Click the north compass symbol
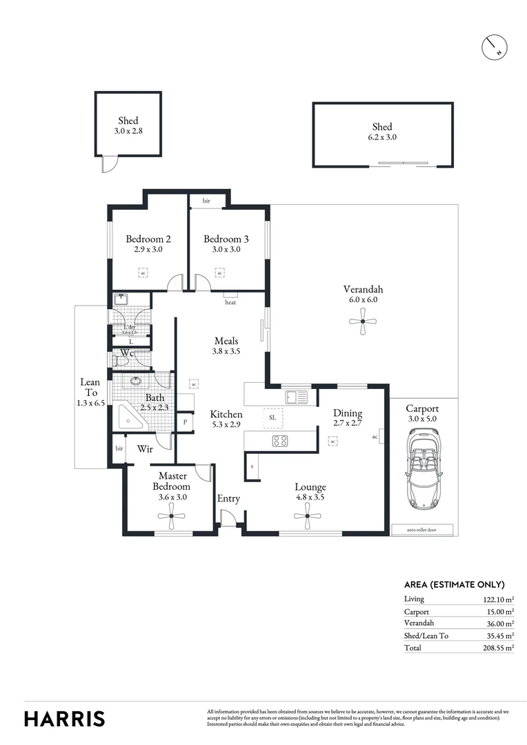495,46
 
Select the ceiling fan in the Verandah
363,320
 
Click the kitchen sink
297,397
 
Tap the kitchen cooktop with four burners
280,440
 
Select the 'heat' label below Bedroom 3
230,302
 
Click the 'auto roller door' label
421,530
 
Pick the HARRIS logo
65,718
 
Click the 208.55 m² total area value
499,648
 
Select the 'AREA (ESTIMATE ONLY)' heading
454,584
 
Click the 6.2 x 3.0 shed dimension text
382,137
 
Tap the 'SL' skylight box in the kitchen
272,418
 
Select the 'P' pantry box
185,421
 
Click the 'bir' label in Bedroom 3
206,201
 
